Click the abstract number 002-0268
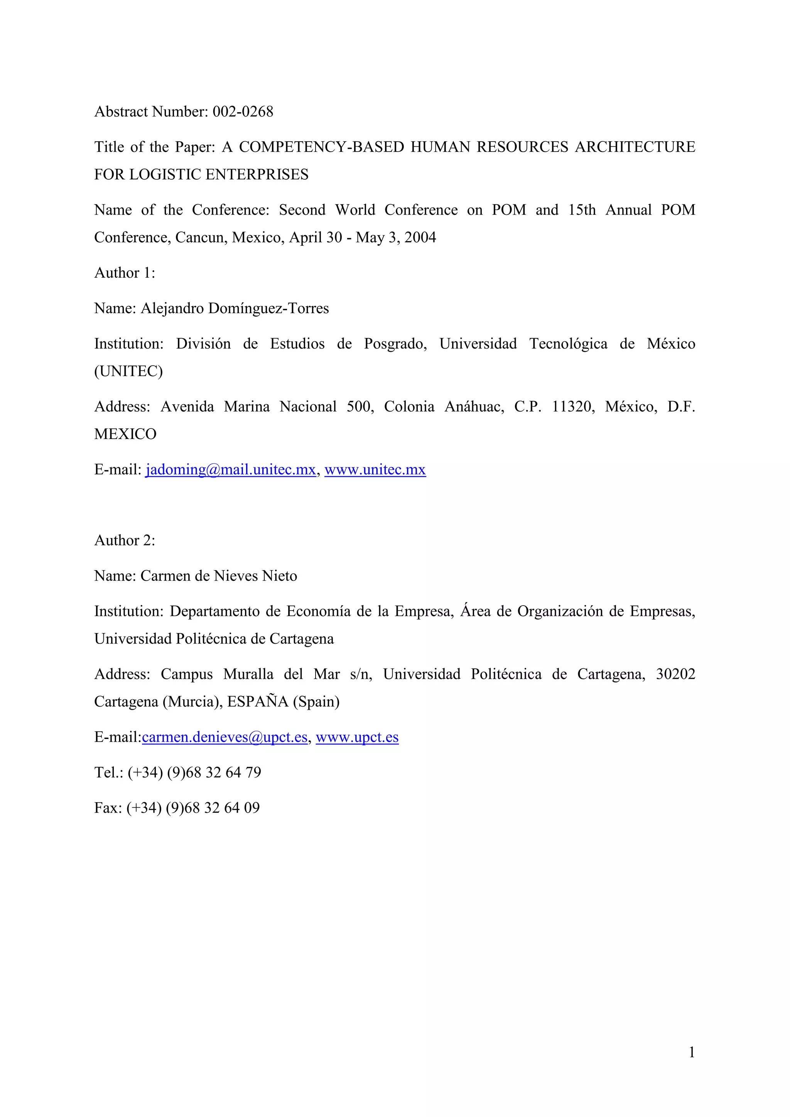coord(243,112)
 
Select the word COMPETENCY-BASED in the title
coord(321,147)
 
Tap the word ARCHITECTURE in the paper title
coord(635,147)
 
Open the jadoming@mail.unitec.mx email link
coord(231,470)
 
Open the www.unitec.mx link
coord(375,470)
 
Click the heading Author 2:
coord(125,540)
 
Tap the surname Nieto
coord(279,576)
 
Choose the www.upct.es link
coord(357,737)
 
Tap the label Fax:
coord(108,808)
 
